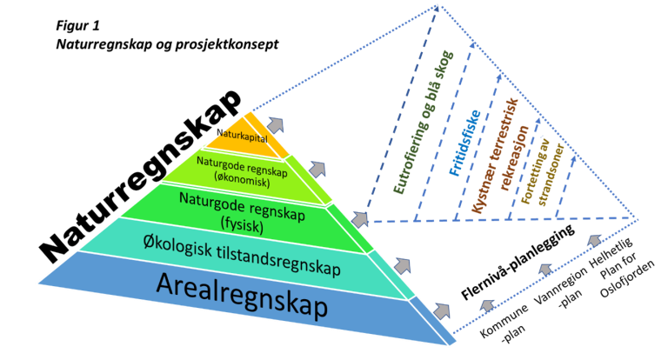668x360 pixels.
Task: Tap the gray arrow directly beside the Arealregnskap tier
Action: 443,309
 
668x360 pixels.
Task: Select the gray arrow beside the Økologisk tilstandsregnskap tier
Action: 403,263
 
